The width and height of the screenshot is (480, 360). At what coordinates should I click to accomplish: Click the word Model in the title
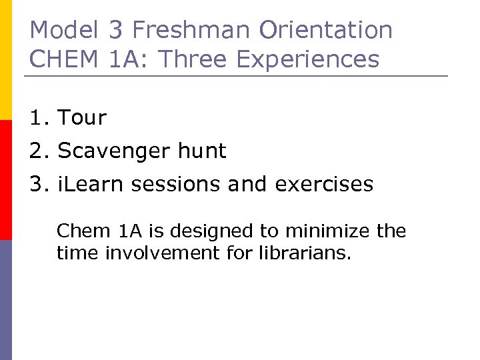click(x=63, y=30)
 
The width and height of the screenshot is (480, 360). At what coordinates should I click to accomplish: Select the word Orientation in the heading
click(x=326, y=30)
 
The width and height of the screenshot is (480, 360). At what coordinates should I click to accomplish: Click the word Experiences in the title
click(x=307, y=59)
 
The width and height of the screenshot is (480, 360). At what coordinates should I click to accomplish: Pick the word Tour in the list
click(x=82, y=118)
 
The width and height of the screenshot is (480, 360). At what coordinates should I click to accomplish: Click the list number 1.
click(x=37, y=118)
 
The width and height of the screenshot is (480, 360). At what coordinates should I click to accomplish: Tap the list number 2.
click(x=37, y=151)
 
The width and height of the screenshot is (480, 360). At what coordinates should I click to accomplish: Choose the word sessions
click(x=176, y=184)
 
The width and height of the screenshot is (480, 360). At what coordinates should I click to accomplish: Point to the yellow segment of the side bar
click(x=6, y=60)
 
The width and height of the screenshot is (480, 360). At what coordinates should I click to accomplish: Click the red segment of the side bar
click(x=6, y=180)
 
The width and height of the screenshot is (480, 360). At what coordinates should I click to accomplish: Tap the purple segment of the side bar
click(x=6, y=300)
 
